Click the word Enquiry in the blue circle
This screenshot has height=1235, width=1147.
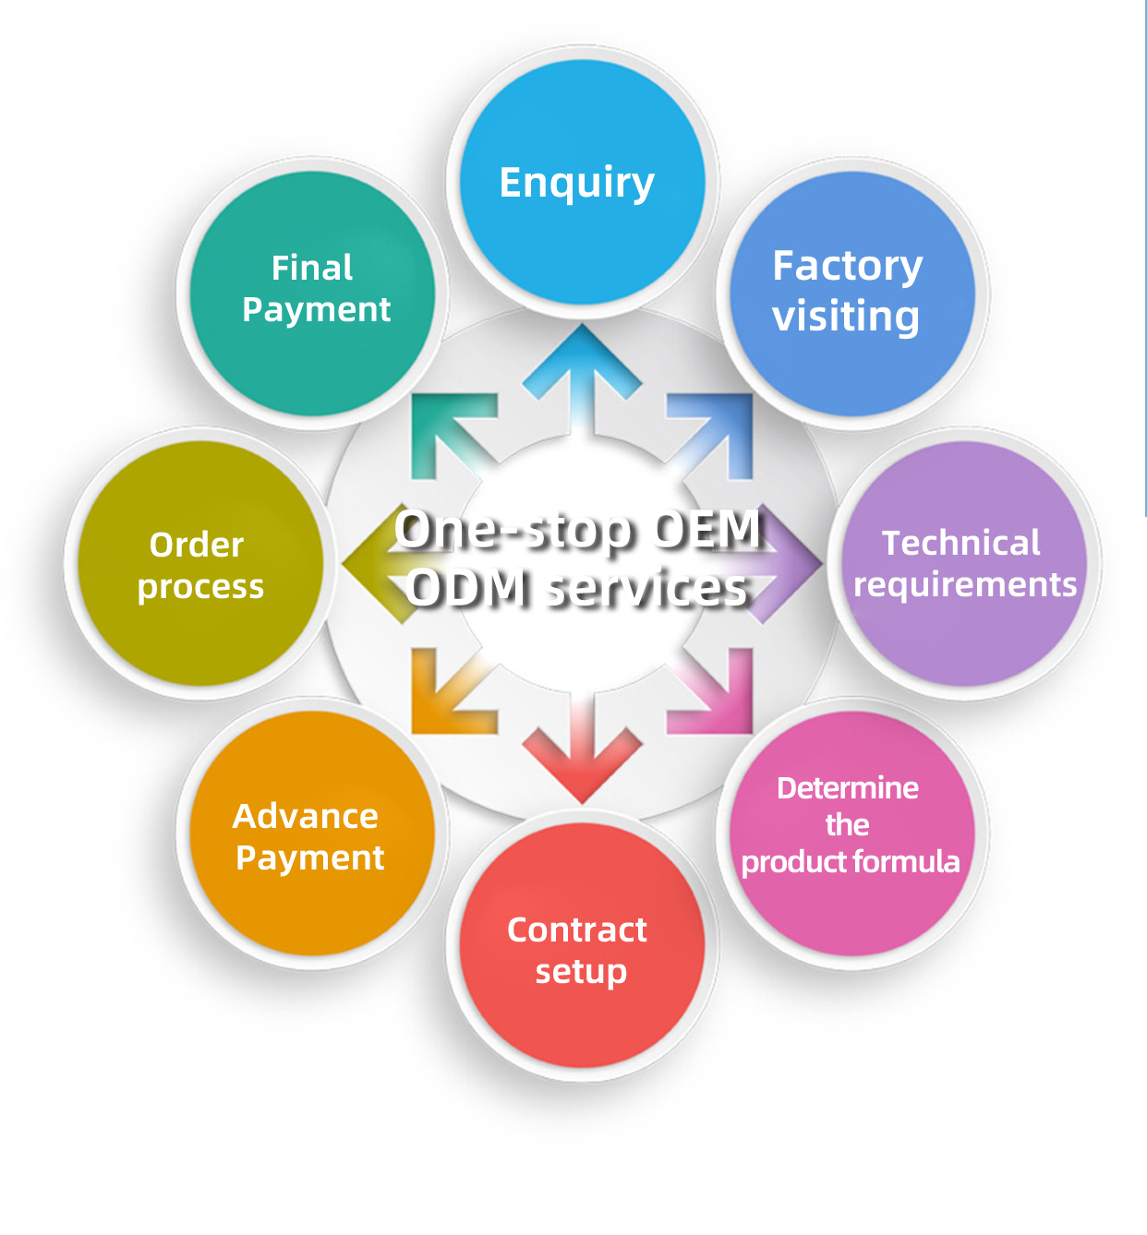[x=576, y=184]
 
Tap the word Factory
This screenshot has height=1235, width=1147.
[x=847, y=267]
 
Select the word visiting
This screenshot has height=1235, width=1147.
[x=846, y=317]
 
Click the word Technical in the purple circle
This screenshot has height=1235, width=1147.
[x=960, y=543]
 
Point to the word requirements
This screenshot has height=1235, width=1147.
[x=965, y=585]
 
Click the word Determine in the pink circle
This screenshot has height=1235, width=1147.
[x=848, y=788]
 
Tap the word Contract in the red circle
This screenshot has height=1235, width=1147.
[x=577, y=929]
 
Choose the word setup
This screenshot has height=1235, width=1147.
[x=581, y=972]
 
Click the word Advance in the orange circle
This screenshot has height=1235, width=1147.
[x=306, y=817]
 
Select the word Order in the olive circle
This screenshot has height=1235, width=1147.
[x=197, y=545]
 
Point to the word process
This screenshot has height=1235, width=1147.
[x=200, y=587]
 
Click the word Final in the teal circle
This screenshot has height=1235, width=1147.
[x=312, y=268]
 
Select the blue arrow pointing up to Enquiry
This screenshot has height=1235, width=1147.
[x=582, y=369]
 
